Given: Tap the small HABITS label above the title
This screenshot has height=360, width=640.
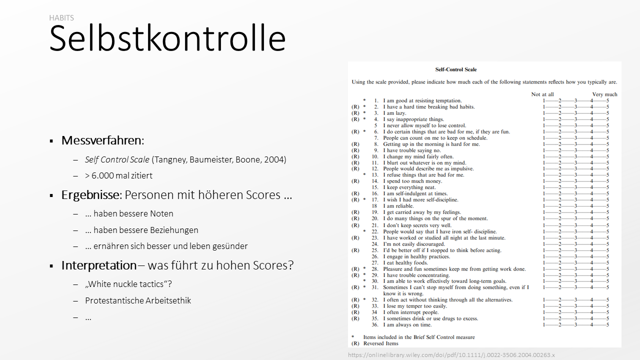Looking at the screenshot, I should (x=61, y=18).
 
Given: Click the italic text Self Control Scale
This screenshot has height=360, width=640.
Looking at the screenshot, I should (x=117, y=159).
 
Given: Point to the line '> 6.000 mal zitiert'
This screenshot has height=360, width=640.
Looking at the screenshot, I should (x=118, y=175).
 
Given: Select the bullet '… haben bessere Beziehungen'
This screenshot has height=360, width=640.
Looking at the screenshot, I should (x=141, y=230).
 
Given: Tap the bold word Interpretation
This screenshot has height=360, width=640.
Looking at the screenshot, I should (x=98, y=265).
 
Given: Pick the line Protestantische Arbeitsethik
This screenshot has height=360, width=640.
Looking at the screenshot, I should (x=138, y=300).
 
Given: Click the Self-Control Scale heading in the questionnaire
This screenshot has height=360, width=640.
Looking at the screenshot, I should (x=456, y=69).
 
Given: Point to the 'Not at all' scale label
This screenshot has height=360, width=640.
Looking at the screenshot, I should (x=542, y=94).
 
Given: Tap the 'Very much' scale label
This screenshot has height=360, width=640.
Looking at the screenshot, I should (x=604, y=94).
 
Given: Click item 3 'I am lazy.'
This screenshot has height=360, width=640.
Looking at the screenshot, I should (x=394, y=113).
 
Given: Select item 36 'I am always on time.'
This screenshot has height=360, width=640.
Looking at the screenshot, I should (x=407, y=324).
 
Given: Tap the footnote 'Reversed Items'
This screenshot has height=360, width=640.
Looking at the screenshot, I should (x=380, y=343).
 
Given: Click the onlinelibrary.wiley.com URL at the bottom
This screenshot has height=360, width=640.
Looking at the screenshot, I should (x=451, y=355).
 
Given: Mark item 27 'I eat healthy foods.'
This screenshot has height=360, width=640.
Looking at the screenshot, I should (x=405, y=262).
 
